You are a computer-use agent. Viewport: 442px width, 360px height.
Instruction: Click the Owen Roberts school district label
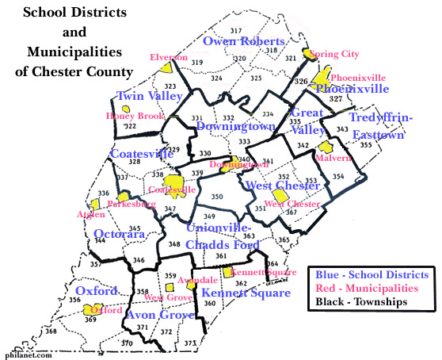click(x=243, y=41)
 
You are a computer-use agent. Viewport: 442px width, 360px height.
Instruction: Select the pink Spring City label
click(x=333, y=54)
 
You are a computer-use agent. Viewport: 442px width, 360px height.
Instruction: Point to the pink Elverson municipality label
click(x=169, y=58)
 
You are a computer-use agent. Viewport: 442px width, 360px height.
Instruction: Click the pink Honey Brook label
click(x=135, y=116)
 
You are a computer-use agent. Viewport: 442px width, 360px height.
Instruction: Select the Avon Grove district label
click(x=161, y=316)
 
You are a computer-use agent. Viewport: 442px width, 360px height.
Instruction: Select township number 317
click(x=238, y=29)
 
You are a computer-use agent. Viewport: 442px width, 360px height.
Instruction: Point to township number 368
click(x=51, y=331)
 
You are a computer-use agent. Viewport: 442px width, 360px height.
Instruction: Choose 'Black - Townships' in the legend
click(x=360, y=302)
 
